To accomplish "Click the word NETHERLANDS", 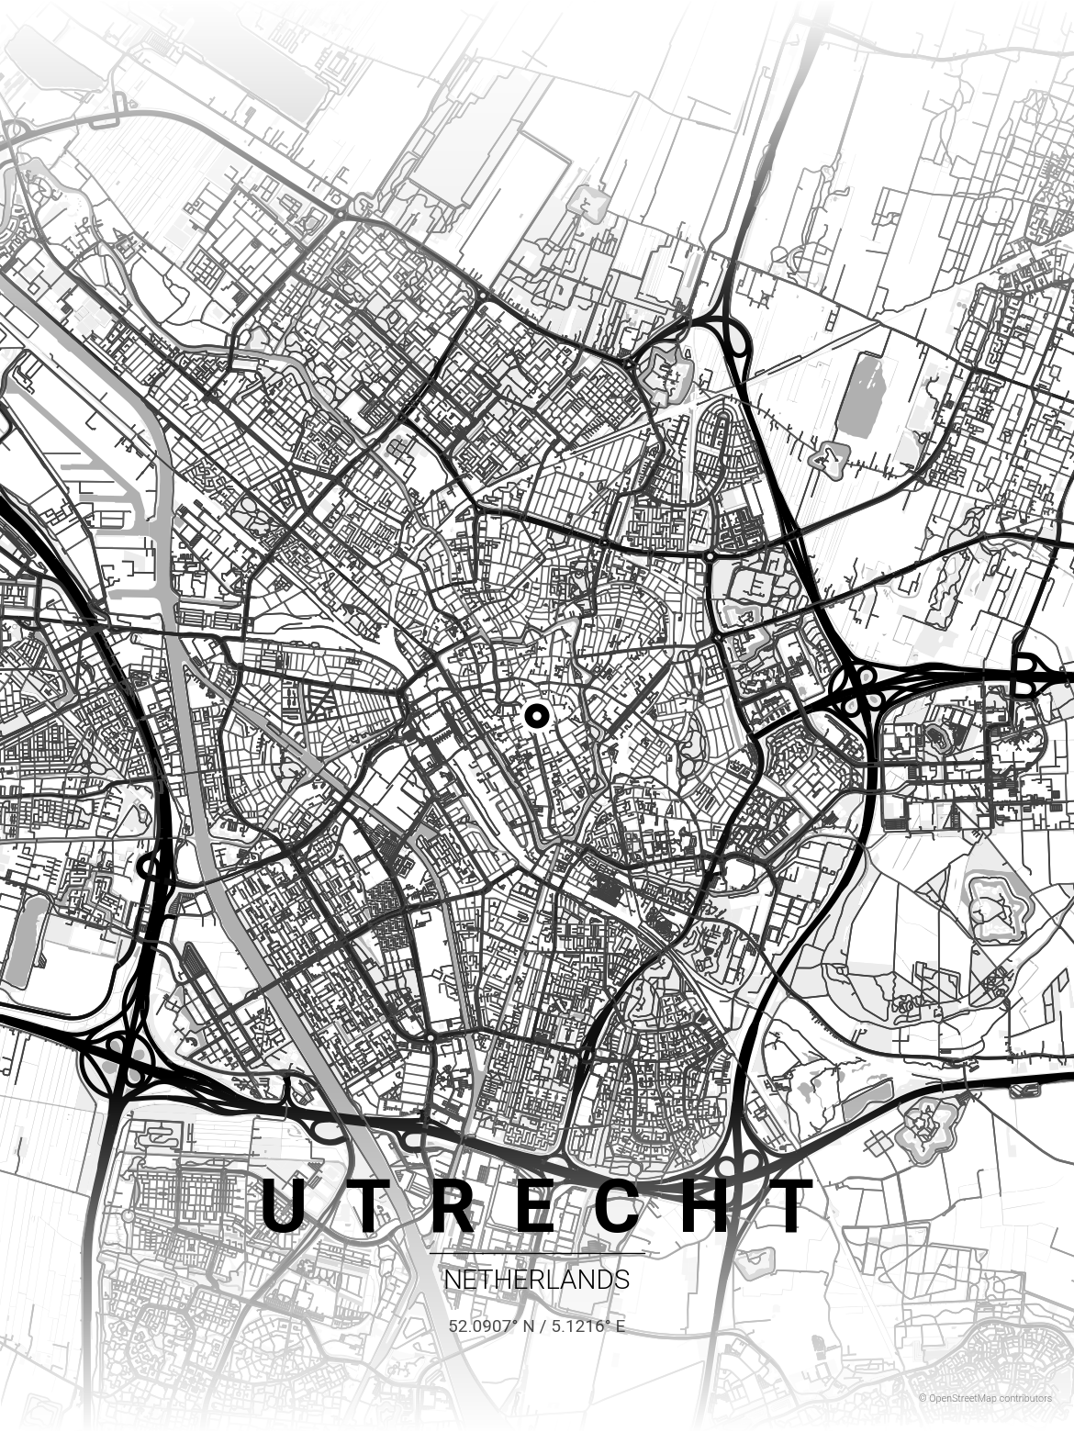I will (x=537, y=1280).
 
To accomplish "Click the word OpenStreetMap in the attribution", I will (x=961, y=1398).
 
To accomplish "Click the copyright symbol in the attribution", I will (x=922, y=1398).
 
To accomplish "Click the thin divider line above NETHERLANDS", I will (x=537, y=1254).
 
